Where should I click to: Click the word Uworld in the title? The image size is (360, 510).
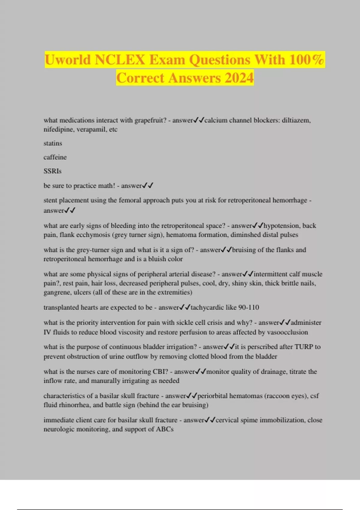[x=67, y=59]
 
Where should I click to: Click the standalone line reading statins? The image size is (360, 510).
[x=53, y=143]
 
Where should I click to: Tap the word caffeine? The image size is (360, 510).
[x=55, y=157]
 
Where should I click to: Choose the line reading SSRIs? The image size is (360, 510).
[x=52, y=171]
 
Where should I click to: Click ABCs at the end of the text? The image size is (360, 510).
[x=165, y=429]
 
